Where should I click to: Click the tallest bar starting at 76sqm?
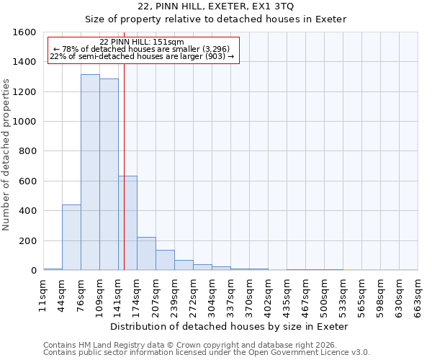[x=90, y=173]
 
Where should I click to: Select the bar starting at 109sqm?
[x=109, y=175]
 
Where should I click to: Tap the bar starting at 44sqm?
[x=71, y=238]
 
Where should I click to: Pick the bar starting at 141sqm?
[x=127, y=223]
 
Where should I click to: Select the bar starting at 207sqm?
[x=165, y=260]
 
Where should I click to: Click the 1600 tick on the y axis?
[x=24, y=32]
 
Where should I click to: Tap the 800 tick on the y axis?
[x=27, y=151]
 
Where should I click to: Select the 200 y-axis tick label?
[x=27, y=240]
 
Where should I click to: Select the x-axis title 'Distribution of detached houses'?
[x=230, y=326]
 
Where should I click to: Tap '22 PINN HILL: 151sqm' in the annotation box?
[x=142, y=42]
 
